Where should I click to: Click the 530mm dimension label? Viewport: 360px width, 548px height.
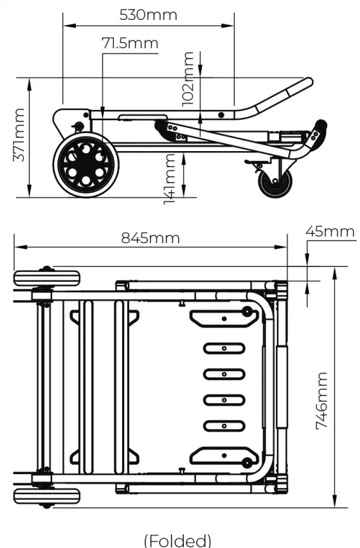148,14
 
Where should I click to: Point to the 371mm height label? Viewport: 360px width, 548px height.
19,135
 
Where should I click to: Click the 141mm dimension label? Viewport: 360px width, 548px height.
170,178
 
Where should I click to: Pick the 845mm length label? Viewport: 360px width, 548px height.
150,237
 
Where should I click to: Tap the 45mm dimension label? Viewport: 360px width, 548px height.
330,231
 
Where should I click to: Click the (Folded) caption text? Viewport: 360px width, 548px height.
177,539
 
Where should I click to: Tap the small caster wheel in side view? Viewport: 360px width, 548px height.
275,183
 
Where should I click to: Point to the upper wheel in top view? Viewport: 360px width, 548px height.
47,279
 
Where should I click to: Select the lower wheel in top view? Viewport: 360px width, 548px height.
47,497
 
